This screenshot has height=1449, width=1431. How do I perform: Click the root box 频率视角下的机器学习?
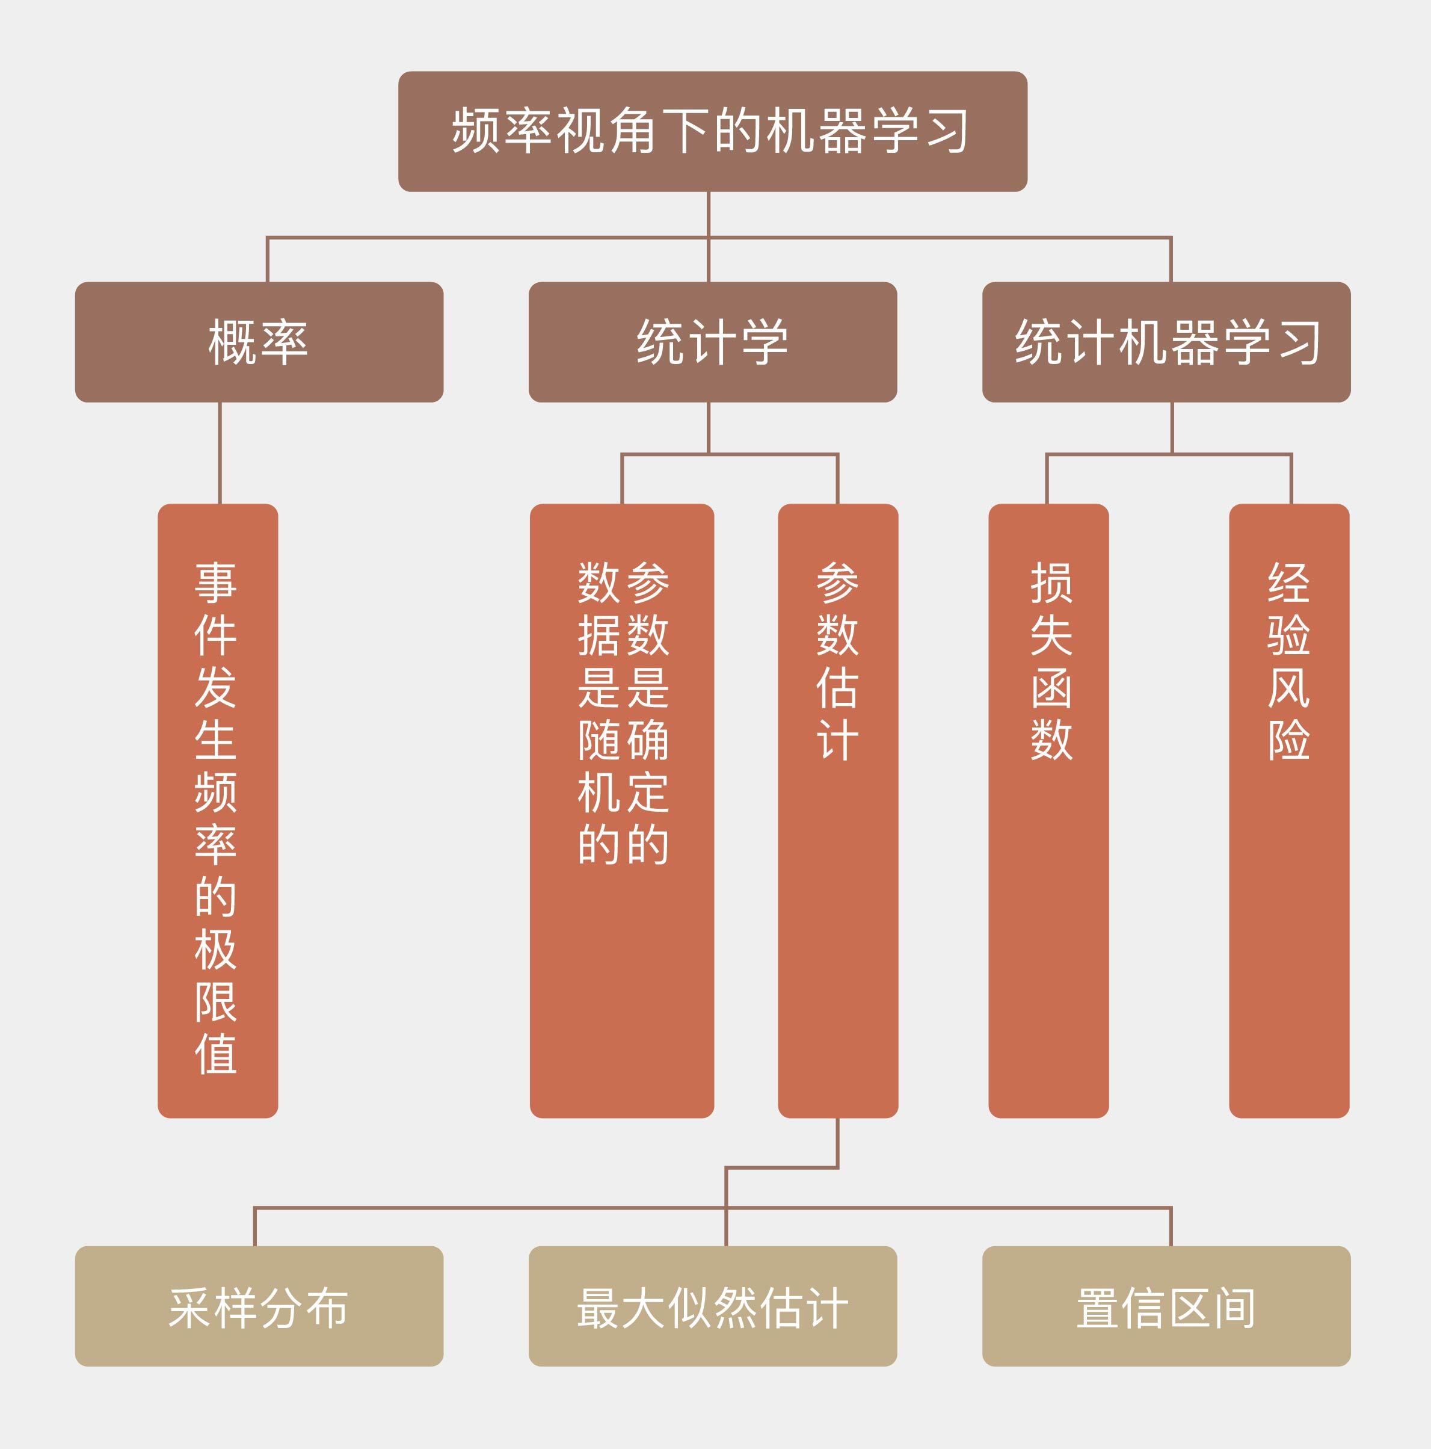click(x=712, y=131)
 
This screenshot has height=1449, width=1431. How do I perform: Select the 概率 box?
click(x=259, y=342)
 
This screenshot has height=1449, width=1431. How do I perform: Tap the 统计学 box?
click(x=712, y=342)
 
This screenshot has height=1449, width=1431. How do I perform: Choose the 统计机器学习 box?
click(x=1166, y=342)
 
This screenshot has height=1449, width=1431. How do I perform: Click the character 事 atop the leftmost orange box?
click(x=216, y=582)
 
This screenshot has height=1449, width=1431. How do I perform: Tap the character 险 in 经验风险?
click(x=1288, y=740)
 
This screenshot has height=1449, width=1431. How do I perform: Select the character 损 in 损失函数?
click(x=1051, y=582)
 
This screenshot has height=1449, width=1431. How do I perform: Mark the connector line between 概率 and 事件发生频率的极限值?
click(x=220, y=453)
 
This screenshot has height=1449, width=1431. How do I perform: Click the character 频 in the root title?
click(x=476, y=131)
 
